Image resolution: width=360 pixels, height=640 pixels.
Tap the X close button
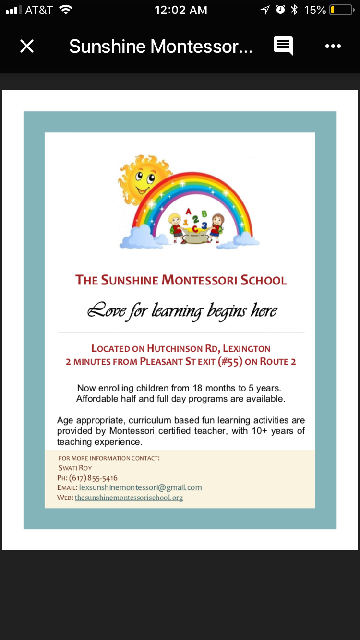(x=27, y=46)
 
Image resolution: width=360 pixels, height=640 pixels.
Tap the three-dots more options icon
(x=333, y=46)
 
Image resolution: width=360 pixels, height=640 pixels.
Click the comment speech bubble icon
(x=283, y=46)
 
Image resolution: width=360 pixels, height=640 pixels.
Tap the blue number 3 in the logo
(x=204, y=225)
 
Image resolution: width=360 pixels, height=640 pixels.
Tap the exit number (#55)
(x=230, y=362)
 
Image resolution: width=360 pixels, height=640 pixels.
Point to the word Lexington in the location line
(x=247, y=348)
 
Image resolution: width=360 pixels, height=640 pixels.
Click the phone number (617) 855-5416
(x=93, y=478)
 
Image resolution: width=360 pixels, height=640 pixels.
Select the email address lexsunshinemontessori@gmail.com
(x=140, y=487)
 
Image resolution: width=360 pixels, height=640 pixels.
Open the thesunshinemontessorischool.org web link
(x=129, y=498)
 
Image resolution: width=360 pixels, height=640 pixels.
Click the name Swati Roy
(x=75, y=468)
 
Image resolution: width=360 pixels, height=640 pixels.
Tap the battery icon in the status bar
(x=341, y=10)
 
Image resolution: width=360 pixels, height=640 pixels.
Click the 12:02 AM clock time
(x=180, y=10)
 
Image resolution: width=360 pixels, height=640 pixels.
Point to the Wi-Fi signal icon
(x=66, y=10)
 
